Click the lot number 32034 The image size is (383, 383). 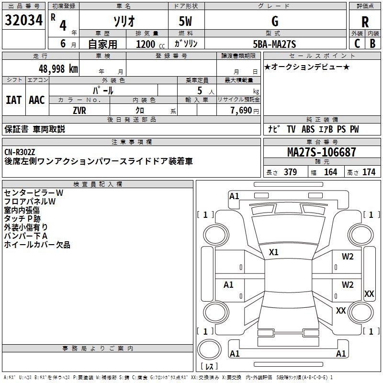tap(24, 21)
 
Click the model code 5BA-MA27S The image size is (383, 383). tap(274, 44)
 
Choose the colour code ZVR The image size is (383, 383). tap(79, 110)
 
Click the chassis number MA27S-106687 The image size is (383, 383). tap(321, 152)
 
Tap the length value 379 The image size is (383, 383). tap(290, 172)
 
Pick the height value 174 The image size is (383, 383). tap(369, 172)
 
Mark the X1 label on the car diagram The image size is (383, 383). tap(274, 252)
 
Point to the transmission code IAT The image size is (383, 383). tap(13, 100)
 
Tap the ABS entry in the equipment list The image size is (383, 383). tap(308, 129)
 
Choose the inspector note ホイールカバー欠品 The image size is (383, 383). tap(37, 245)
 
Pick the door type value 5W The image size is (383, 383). tap(186, 22)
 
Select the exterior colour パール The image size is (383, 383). tap(102, 90)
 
